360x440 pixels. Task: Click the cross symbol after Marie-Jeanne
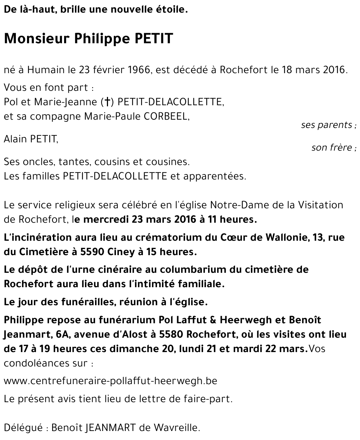tap(106, 102)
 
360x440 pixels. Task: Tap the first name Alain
tap(15, 139)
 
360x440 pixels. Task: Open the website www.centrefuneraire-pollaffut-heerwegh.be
tap(111, 381)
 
